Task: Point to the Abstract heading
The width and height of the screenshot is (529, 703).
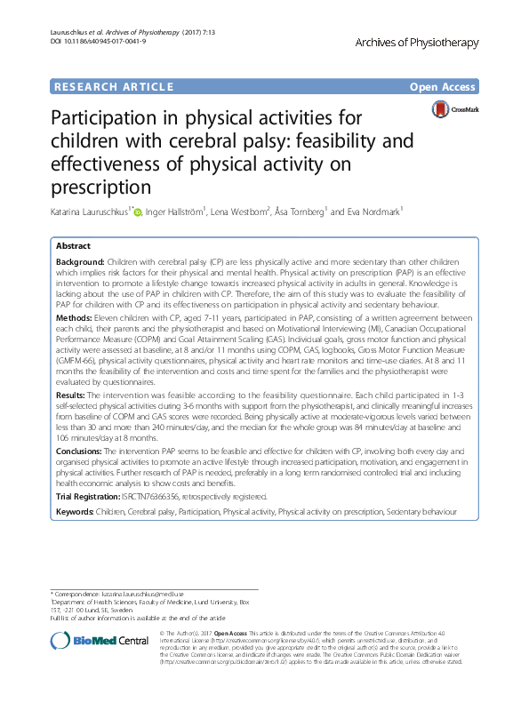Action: coord(73,245)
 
